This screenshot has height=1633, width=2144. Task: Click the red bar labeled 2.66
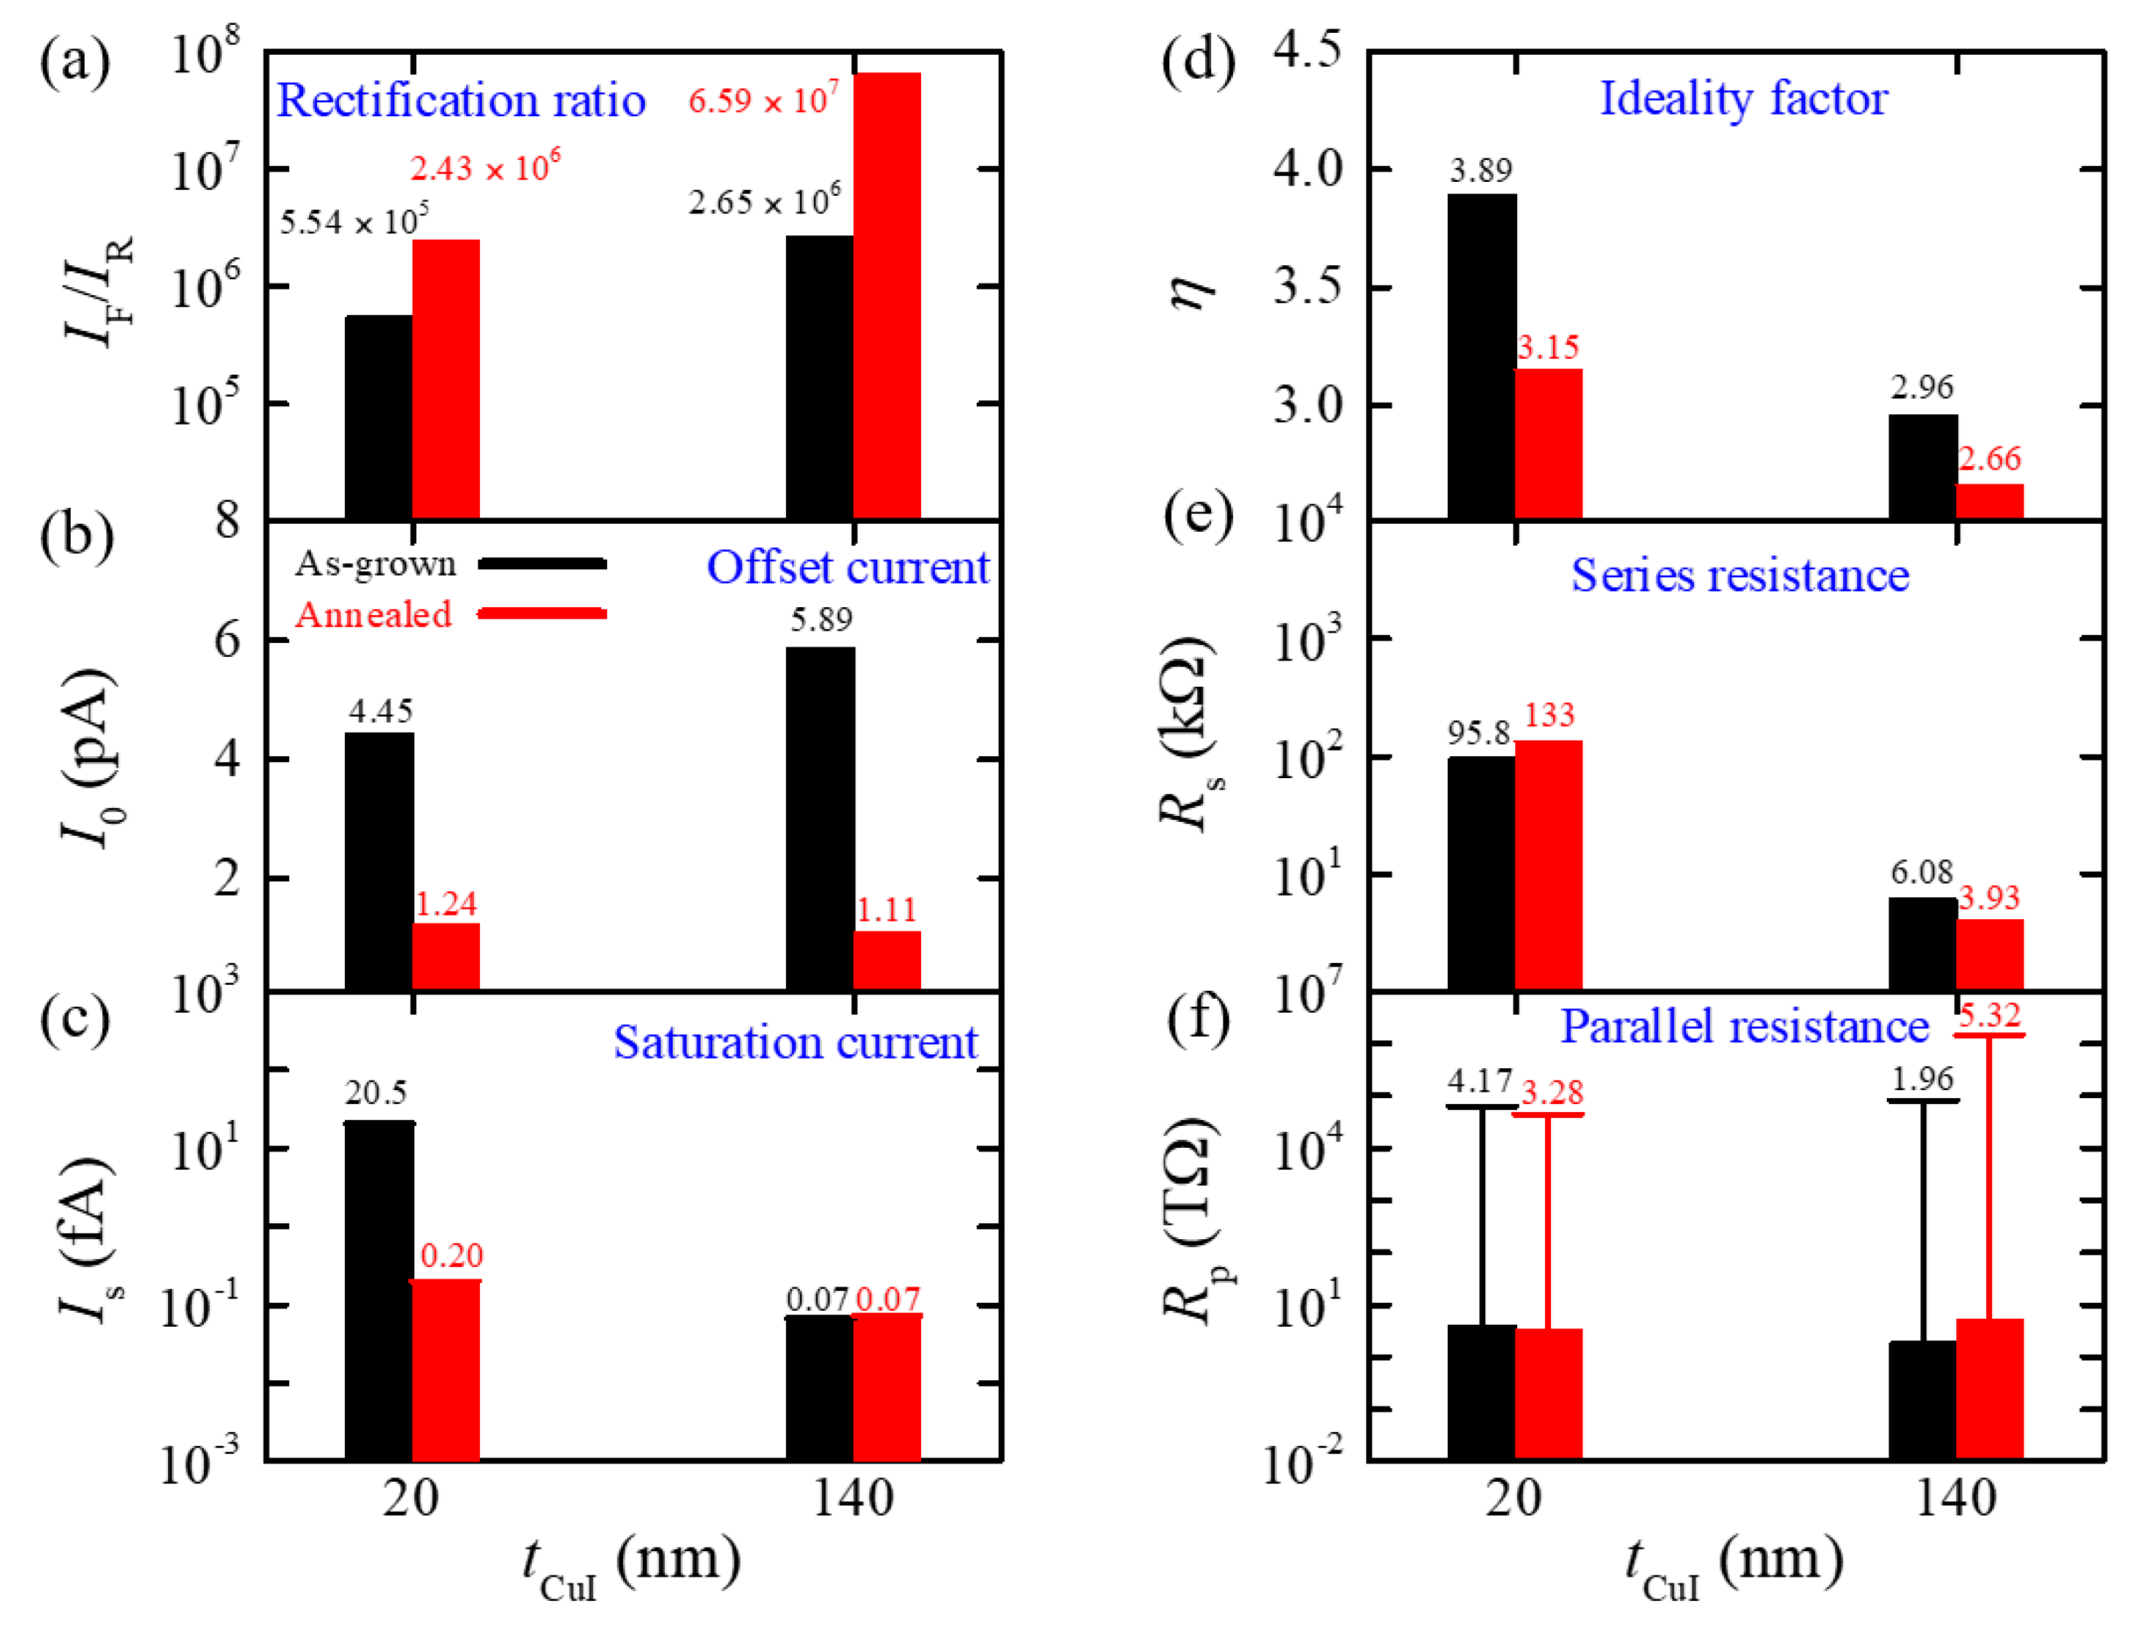[x=1988, y=500]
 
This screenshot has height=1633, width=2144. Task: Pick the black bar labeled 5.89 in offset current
[x=820, y=818]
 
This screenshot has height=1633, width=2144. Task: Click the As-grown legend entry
[x=450, y=564]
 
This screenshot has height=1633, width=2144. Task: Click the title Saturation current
[x=794, y=1042]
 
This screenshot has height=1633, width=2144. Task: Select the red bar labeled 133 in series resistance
[x=1547, y=864]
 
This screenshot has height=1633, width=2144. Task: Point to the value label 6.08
[x=1920, y=872]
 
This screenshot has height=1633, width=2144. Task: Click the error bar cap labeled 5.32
[x=1988, y=1035]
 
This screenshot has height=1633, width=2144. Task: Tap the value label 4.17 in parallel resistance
[x=1479, y=1081]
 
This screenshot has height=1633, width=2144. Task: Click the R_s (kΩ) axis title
[x=1188, y=734]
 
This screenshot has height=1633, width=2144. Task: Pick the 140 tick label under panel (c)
[x=852, y=1498]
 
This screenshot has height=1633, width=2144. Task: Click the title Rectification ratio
[x=461, y=100]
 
